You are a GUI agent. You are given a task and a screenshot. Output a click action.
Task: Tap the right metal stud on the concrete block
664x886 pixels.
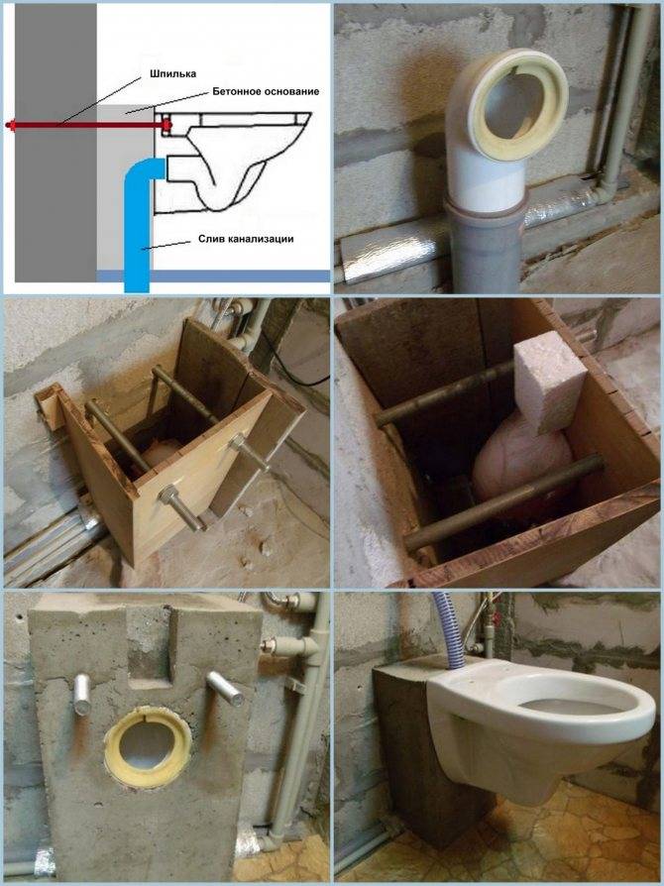click(x=225, y=688)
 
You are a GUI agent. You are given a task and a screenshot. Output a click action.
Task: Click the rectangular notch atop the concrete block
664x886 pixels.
click(x=150, y=645)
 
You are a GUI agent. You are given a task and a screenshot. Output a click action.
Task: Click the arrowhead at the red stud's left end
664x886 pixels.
click(x=10, y=126)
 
